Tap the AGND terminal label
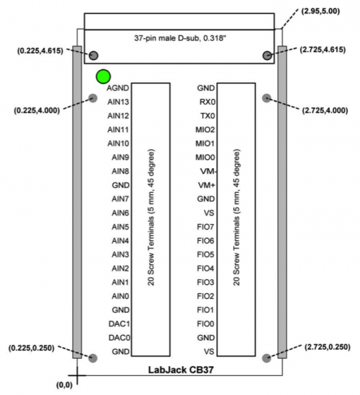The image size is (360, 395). click(118, 87)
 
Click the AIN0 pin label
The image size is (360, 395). click(120, 296)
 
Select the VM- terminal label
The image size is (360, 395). click(206, 171)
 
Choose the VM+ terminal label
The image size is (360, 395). click(207, 185)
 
